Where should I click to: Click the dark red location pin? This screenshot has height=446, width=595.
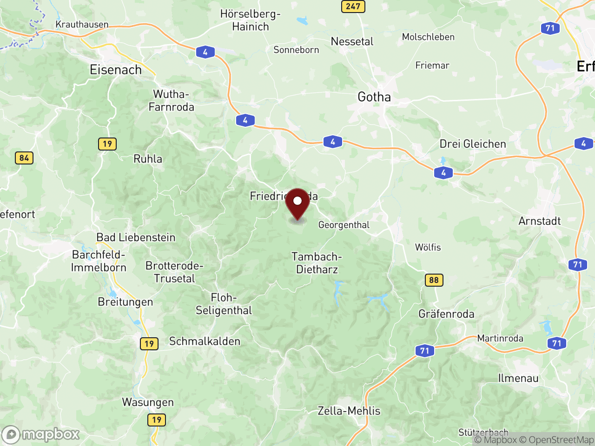click(x=297, y=203)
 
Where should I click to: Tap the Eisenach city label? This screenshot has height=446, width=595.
click(x=116, y=70)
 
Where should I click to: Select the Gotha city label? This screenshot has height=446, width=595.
click(x=374, y=97)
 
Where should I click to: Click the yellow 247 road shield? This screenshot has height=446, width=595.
click(x=353, y=7)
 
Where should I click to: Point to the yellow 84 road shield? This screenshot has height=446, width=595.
click(x=24, y=158)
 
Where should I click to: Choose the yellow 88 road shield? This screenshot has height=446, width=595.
click(x=434, y=280)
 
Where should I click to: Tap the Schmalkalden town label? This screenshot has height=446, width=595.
click(x=205, y=341)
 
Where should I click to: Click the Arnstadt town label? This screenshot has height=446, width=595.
click(x=540, y=221)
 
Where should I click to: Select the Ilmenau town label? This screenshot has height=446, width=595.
click(x=518, y=378)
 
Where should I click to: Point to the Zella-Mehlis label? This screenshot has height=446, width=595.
click(x=349, y=411)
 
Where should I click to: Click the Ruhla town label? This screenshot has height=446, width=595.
click(x=148, y=159)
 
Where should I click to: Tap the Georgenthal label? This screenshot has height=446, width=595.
click(x=344, y=225)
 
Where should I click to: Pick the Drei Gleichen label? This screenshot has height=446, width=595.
click(x=473, y=144)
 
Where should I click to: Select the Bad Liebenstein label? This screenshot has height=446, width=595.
click(x=136, y=237)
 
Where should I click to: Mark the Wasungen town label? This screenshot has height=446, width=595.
click(x=148, y=402)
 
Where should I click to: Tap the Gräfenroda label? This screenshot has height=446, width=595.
click(x=446, y=314)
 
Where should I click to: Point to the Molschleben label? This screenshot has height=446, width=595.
click(x=428, y=37)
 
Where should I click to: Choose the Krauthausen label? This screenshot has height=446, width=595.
click(x=82, y=25)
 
